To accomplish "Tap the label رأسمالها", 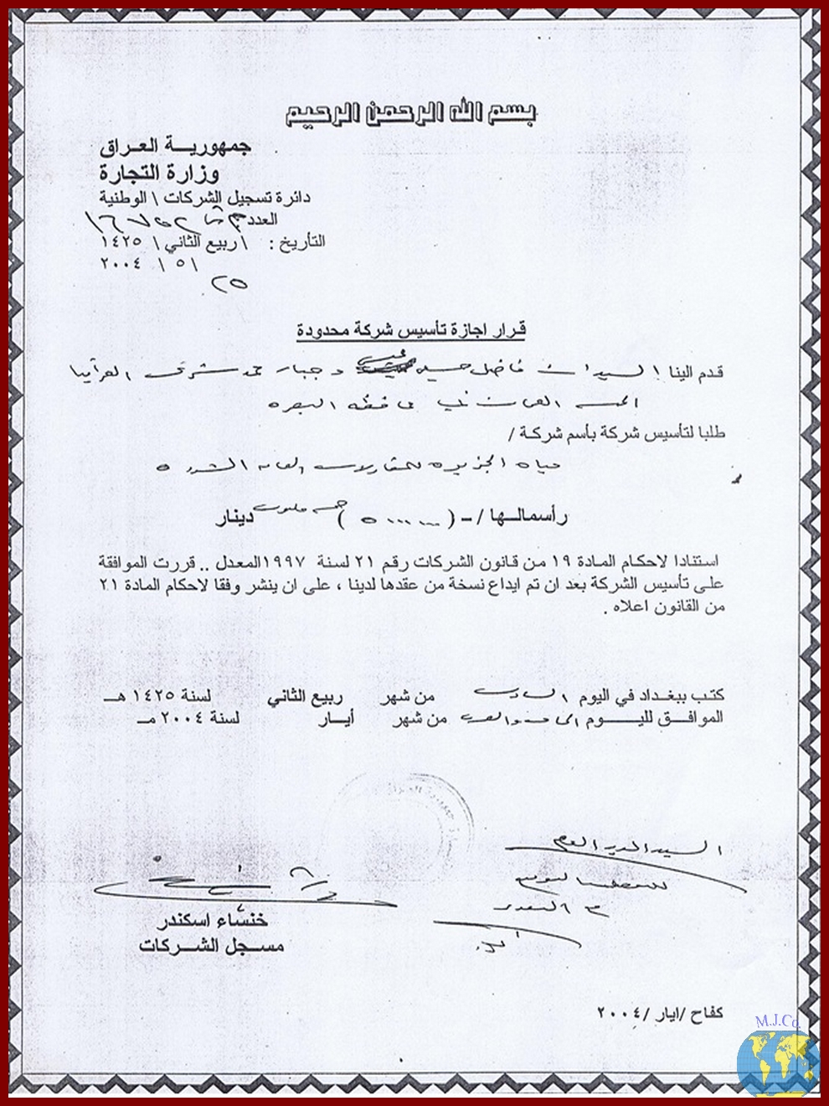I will tap(531, 519).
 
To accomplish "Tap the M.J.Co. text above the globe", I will tap(776, 1021).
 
